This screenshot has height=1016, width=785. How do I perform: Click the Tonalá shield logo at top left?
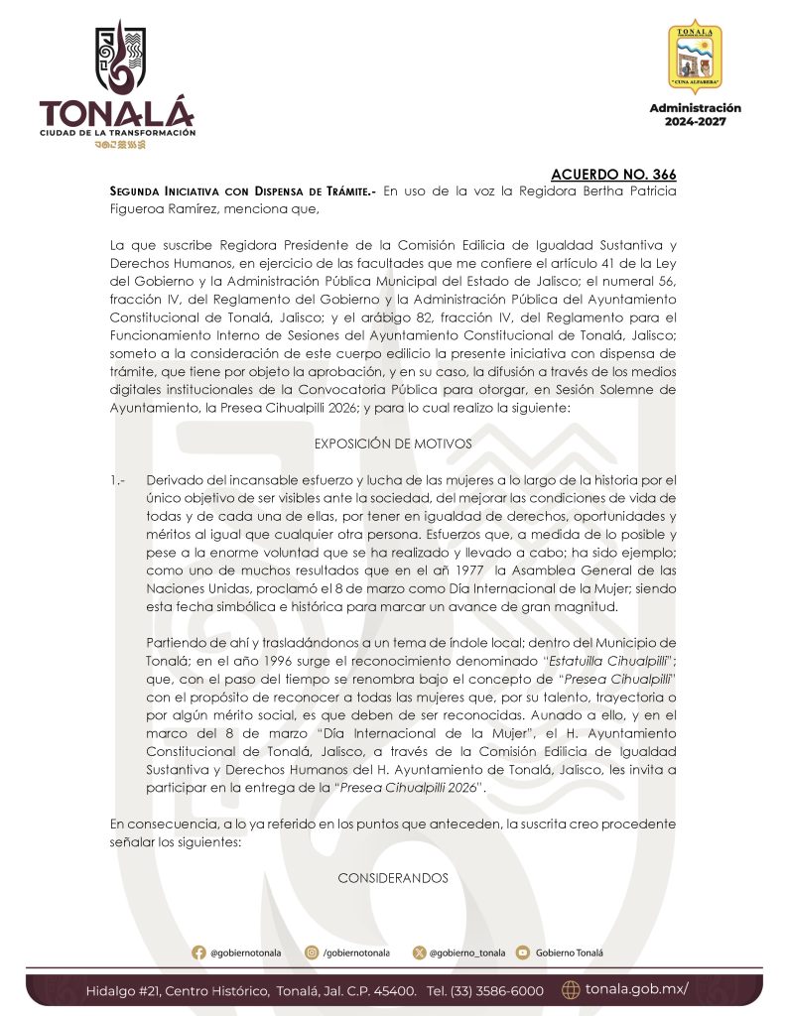pyautogui.click(x=117, y=60)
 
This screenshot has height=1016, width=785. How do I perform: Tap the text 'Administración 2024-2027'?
pyautogui.click(x=696, y=114)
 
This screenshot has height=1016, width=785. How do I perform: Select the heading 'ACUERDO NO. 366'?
pyautogui.click(x=614, y=175)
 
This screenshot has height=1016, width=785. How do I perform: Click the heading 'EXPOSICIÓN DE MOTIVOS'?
pyautogui.click(x=392, y=444)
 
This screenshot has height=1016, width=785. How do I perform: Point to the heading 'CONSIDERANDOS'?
pyautogui.click(x=392, y=878)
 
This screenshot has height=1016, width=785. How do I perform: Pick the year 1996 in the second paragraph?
pyautogui.click(x=292, y=660)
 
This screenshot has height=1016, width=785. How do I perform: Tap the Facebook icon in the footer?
pyautogui.click(x=198, y=952)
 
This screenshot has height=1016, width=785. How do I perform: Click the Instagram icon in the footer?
pyautogui.click(x=312, y=952)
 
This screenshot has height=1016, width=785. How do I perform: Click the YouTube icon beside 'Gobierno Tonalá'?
pyautogui.click(x=522, y=952)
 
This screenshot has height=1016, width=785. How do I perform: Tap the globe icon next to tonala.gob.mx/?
pyautogui.click(x=571, y=989)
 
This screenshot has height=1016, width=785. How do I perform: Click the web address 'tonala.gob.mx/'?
pyautogui.click(x=636, y=989)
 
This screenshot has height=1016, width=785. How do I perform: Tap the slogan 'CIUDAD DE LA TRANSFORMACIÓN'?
pyautogui.click(x=117, y=132)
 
